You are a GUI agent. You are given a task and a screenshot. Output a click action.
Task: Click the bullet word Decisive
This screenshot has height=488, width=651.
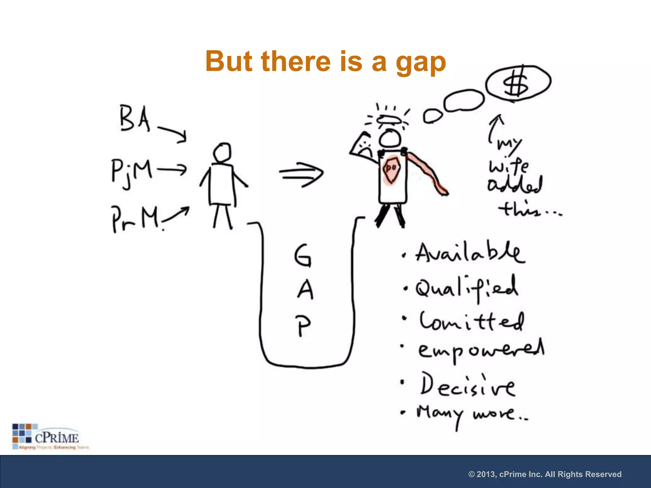tap(467, 386)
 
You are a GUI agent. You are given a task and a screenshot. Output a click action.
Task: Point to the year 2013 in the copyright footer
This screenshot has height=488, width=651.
tap(486, 474)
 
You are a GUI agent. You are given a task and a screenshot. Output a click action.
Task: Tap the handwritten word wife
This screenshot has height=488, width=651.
tap(509, 166)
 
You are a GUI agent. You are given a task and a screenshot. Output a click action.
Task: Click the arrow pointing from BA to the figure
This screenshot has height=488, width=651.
tap(172, 134)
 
